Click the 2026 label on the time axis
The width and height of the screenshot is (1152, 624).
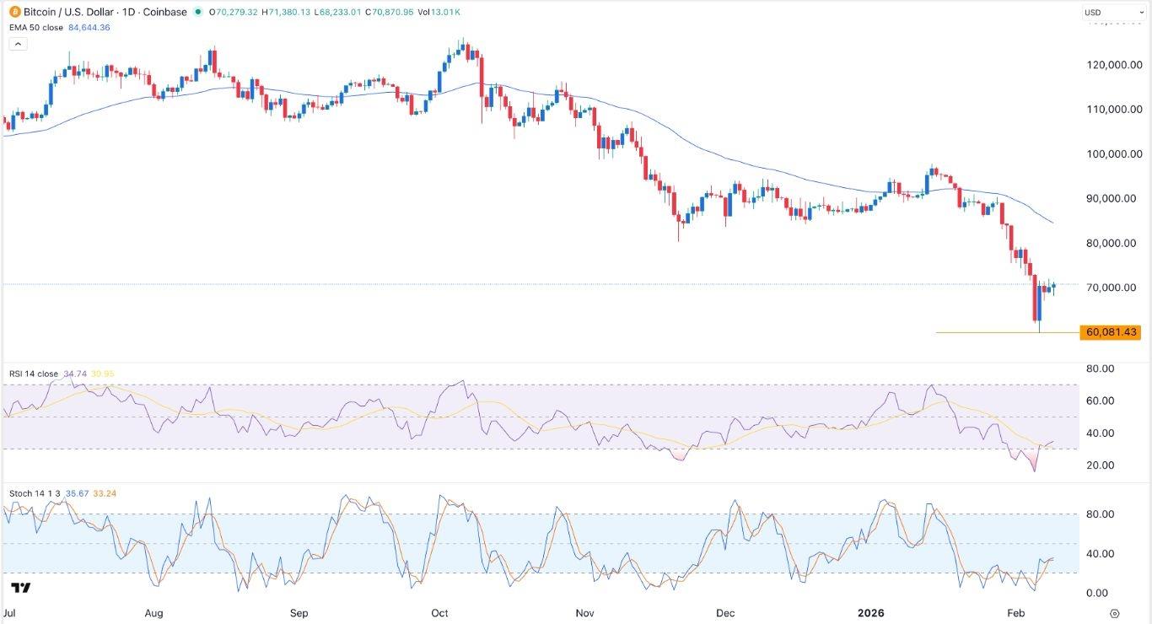(x=869, y=613)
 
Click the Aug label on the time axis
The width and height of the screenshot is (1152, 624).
(x=154, y=613)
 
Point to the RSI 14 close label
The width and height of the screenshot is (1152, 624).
(x=34, y=373)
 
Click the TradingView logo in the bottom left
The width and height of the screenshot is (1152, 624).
(x=21, y=588)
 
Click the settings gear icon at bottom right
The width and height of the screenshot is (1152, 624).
(x=1115, y=613)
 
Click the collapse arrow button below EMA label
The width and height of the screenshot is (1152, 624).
(x=17, y=44)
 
